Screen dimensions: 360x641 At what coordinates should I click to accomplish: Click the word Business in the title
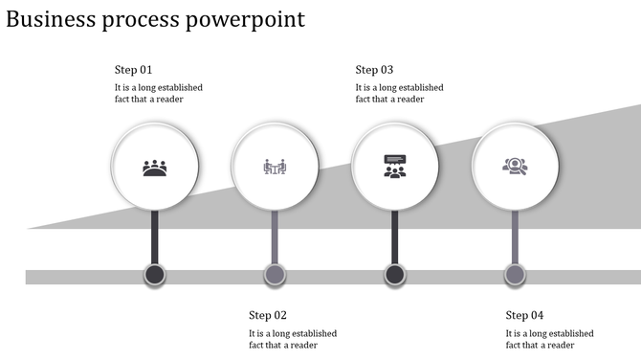click(49, 19)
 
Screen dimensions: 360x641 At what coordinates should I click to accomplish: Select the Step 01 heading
click(133, 70)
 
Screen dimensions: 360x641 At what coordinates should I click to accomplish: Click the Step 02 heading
click(268, 315)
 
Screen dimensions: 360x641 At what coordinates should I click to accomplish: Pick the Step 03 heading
click(374, 70)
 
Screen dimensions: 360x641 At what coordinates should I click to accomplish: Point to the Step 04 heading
click(524, 315)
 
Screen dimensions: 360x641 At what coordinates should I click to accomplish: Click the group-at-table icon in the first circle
click(155, 169)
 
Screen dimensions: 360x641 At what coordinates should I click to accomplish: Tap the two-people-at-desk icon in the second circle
click(275, 168)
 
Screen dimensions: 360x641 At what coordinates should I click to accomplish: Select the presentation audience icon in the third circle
click(394, 167)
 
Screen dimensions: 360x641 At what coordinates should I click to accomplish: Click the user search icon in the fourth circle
click(515, 166)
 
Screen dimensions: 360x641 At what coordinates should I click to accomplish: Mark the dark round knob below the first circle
click(155, 276)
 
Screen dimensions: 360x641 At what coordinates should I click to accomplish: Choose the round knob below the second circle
click(275, 276)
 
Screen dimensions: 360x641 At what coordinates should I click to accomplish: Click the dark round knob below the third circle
click(394, 276)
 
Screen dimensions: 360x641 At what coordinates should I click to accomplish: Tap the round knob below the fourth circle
click(515, 276)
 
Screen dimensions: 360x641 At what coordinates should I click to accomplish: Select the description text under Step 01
click(158, 93)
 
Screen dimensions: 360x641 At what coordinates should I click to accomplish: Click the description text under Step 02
click(293, 339)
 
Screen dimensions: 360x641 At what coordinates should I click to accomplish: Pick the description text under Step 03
click(399, 93)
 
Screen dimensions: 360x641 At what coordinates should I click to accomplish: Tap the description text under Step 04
click(549, 339)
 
